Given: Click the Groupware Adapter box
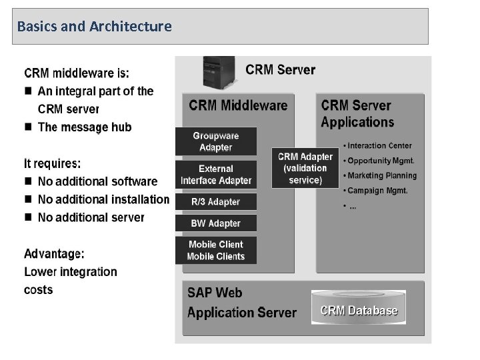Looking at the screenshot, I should coord(215,141).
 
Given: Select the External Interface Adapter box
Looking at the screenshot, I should coord(215,175).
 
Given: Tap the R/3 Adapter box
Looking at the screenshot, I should coord(215,201).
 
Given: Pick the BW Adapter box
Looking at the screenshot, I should coord(215,223).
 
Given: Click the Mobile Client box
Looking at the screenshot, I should coord(215,250).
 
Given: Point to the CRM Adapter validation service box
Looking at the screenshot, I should coord(305,168).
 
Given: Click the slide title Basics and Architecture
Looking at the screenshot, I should coord(95,27).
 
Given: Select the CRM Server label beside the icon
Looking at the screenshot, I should coord(281,69).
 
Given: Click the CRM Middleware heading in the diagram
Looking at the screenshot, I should coord(238,105).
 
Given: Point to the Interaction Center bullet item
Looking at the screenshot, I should coord(380,145).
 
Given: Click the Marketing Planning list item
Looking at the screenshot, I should coord(382,175).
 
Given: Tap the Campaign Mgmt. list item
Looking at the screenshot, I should coord(377,191).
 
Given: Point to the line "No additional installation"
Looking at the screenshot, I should coord(103,199).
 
